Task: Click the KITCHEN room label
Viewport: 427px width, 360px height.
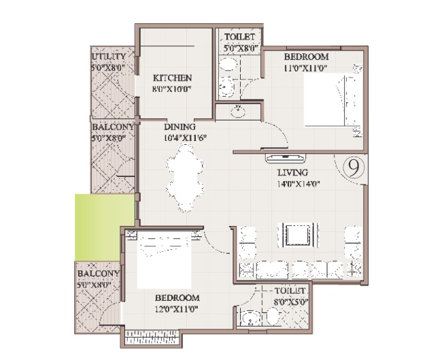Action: pyautogui.click(x=173, y=78)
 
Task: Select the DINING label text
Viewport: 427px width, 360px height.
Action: pyautogui.click(x=180, y=127)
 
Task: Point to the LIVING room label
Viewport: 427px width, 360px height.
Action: pyautogui.click(x=293, y=172)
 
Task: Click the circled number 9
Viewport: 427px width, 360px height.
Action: pyautogui.click(x=354, y=168)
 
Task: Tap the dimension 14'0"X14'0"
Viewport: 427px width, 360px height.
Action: pyautogui.click(x=298, y=184)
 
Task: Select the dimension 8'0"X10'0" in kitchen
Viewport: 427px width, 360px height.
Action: pyautogui.click(x=173, y=89)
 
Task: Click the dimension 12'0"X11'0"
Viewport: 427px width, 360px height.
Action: pyautogui.click(x=177, y=310)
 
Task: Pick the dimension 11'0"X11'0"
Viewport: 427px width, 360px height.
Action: pyautogui.click(x=305, y=67)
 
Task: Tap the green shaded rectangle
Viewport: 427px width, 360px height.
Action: pyautogui.click(x=105, y=227)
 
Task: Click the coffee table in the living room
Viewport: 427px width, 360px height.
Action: pyautogui.click(x=298, y=235)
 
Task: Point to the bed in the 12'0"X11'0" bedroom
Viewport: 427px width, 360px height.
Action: pyautogui.click(x=165, y=260)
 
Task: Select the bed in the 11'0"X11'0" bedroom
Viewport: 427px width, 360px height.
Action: pyautogui.click(x=333, y=100)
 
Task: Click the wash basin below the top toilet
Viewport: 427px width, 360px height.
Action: pyautogui.click(x=238, y=112)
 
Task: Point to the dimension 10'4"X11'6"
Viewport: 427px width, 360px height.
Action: pyautogui.click(x=185, y=137)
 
